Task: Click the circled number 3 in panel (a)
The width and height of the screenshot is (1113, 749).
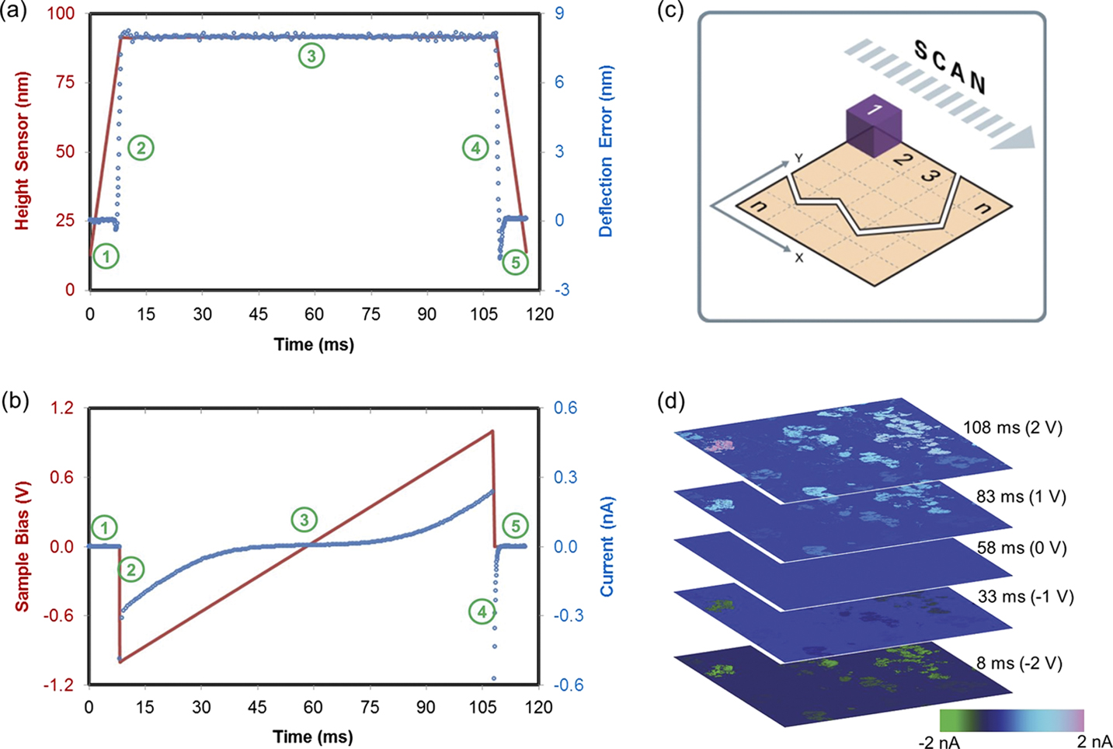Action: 311,56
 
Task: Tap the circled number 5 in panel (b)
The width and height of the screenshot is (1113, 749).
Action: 516,526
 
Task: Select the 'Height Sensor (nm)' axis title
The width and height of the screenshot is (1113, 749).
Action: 22,151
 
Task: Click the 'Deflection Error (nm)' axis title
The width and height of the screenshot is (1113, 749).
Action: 606,151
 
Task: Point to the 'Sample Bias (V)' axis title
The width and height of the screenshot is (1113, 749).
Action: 22,545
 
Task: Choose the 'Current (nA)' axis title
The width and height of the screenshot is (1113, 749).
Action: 606,545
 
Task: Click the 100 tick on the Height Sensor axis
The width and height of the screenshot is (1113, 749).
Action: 63,13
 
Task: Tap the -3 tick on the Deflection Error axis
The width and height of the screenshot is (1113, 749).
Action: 561,290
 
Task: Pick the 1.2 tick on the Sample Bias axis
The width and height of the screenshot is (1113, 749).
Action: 63,408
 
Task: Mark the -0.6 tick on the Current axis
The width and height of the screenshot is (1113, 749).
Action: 567,685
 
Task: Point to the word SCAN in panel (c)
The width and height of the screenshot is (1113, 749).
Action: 950,67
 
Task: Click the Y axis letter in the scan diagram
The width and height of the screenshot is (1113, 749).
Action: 798,159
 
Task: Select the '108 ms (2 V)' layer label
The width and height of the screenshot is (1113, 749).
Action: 1012,427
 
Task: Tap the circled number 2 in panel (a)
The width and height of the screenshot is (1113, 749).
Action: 141,147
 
